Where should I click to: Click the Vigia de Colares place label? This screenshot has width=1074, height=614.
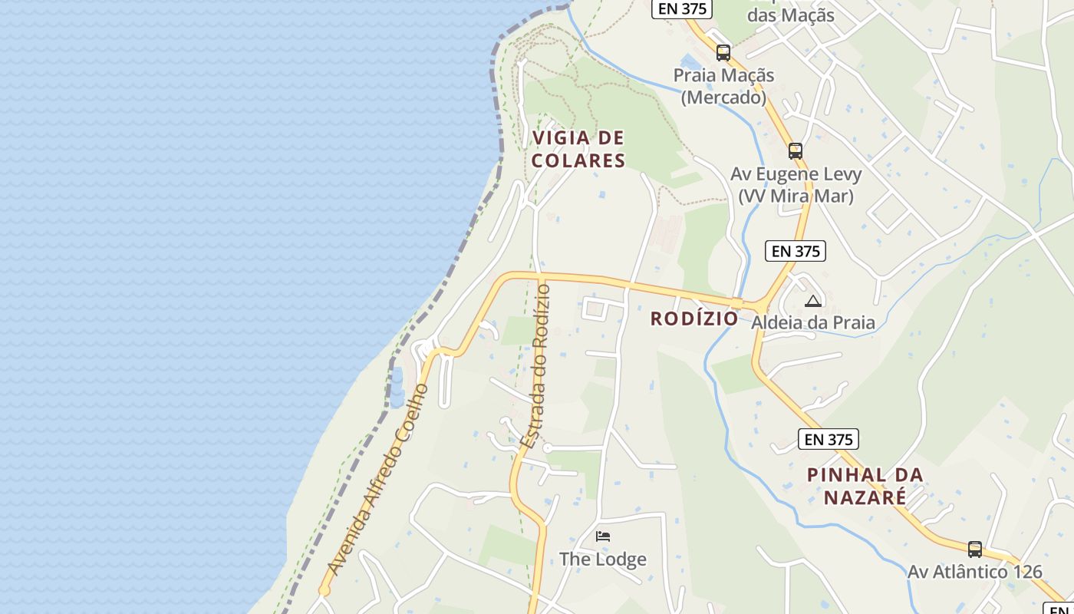click(x=578, y=149)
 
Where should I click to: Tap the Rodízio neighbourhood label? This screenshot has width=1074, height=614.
click(x=694, y=319)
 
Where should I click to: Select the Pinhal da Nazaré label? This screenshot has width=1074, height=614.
click(x=865, y=486)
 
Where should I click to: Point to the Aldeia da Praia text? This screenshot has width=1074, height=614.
click(x=812, y=322)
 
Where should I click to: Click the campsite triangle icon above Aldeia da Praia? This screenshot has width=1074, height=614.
click(x=813, y=301)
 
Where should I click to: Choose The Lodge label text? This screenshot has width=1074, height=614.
click(x=602, y=559)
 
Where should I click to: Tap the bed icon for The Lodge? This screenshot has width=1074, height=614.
click(x=603, y=536)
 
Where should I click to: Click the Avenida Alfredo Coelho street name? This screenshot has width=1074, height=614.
click(x=377, y=479)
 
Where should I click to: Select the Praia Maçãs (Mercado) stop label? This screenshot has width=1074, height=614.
click(x=723, y=86)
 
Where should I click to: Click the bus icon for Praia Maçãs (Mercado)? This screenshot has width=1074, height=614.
click(x=723, y=53)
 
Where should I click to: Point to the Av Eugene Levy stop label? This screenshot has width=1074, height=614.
click(x=796, y=184)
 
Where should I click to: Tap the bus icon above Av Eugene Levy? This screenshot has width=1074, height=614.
click(x=796, y=150)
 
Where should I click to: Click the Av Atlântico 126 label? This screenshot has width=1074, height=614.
click(x=974, y=572)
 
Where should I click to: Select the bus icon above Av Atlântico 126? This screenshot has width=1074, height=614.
click(x=974, y=550)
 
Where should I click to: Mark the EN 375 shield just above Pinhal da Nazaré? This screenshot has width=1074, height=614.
click(x=828, y=439)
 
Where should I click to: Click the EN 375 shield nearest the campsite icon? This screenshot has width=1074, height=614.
click(x=796, y=251)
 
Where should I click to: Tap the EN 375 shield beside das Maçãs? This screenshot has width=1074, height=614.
click(x=682, y=8)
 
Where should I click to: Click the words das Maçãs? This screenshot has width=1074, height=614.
click(x=790, y=15)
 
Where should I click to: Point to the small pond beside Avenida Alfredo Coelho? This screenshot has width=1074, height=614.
click(x=397, y=388)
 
